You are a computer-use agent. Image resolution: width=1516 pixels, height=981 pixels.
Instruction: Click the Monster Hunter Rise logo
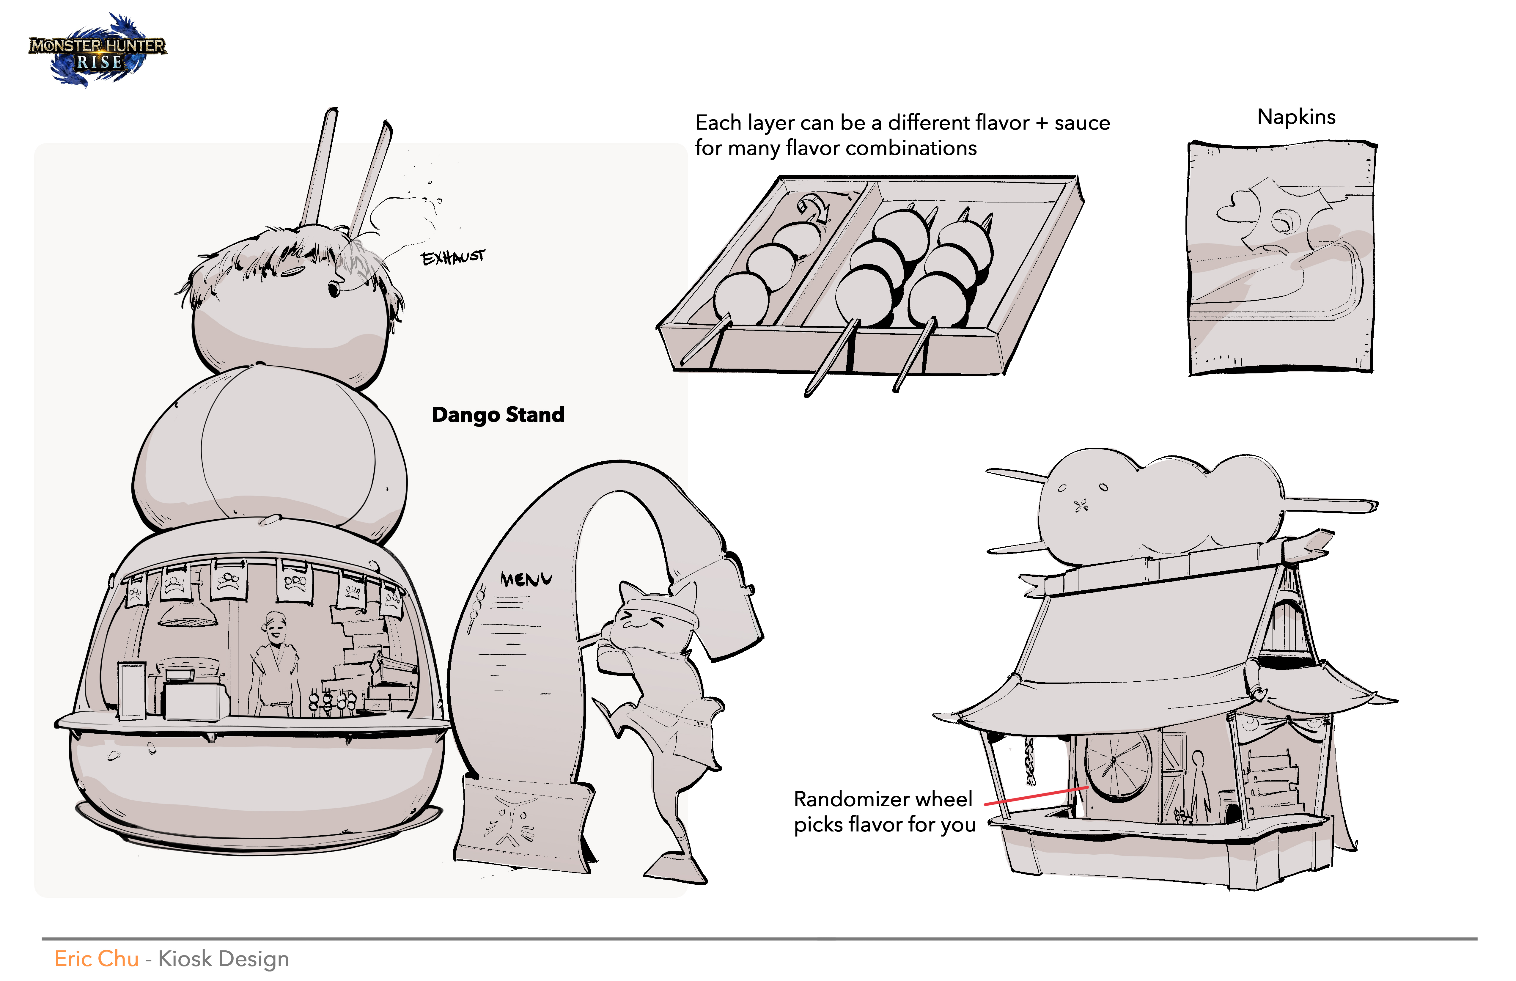point(97,51)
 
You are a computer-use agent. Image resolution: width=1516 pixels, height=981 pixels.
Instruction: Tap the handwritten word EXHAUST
point(453,257)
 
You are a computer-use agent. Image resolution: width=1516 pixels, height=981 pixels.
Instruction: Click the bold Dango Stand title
point(498,415)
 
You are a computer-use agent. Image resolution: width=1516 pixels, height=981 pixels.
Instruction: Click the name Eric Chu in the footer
point(96,959)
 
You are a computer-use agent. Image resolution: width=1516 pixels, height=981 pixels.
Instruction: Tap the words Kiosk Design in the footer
point(224,959)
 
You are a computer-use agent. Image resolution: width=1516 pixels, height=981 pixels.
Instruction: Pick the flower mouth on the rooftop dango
point(1081,507)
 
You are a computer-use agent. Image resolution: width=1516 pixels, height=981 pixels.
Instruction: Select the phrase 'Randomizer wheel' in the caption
point(883,799)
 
